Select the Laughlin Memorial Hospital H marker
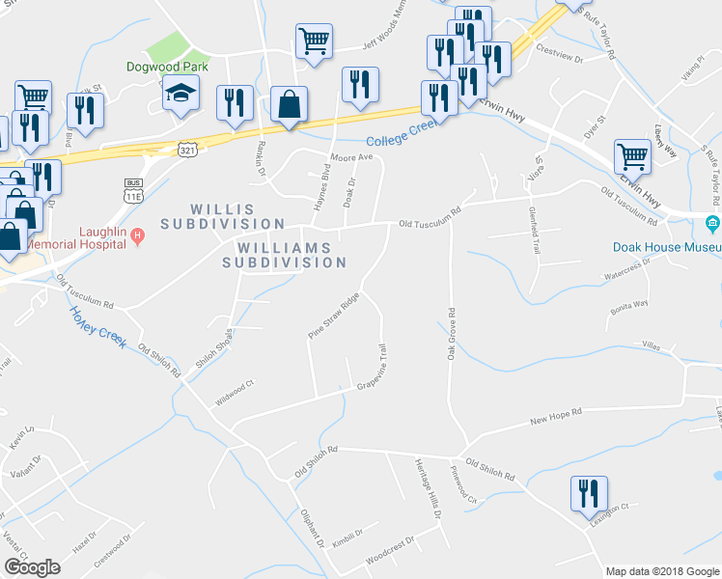(138, 234)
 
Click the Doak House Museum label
(667, 246)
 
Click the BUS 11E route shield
(133, 189)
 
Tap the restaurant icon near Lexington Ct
(588, 495)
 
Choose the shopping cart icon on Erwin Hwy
(632, 155)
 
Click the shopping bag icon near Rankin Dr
(290, 103)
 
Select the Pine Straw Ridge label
(333, 315)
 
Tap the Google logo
(32, 567)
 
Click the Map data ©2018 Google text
(661, 571)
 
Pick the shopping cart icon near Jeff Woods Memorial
(314, 41)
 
